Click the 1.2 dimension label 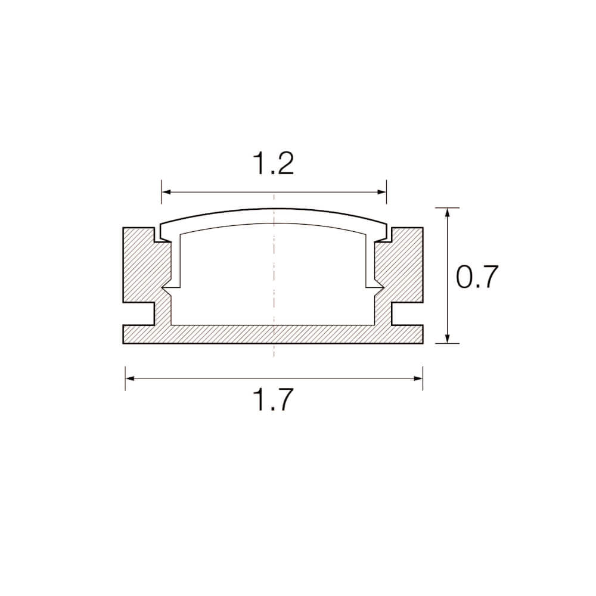[274, 163]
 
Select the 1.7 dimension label [274, 399]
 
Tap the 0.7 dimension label [477, 277]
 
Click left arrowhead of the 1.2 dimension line [166, 193]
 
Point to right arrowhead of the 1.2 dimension [381, 193]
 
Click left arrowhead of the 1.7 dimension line [130, 378]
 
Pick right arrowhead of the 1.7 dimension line [418, 378]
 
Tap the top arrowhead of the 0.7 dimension [448, 213]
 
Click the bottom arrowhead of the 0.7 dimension [448, 339]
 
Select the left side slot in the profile [139, 314]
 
